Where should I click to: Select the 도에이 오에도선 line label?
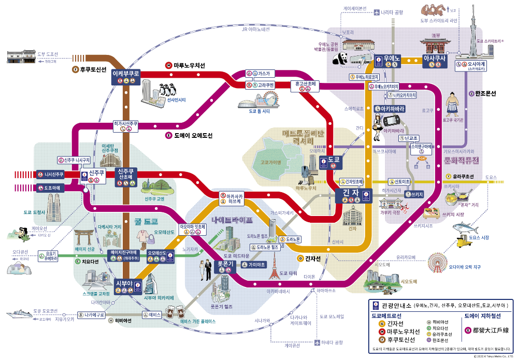192,136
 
